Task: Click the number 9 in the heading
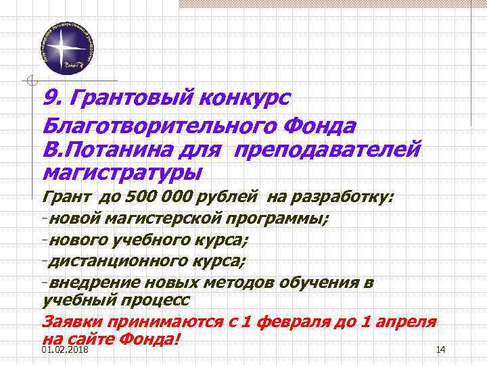(48, 98)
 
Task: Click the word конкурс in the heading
(244, 98)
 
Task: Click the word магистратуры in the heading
(122, 171)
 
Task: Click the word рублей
(227, 197)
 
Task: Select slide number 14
(441, 349)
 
